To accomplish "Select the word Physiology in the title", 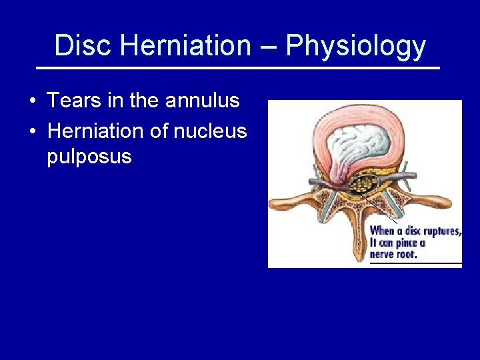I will [355, 46].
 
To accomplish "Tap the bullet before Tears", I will [32, 101].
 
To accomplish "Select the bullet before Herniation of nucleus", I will [32, 131].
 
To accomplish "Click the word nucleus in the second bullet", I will [210, 131].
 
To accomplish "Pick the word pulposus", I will [89, 157].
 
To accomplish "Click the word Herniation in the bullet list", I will [97, 131].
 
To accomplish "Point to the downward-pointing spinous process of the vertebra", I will [360, 233].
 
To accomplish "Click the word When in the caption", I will [382, 231].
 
